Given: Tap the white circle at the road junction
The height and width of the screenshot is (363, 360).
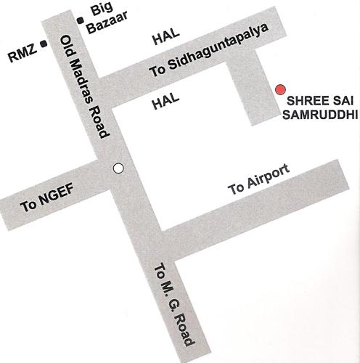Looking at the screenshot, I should click(x=119, y=168).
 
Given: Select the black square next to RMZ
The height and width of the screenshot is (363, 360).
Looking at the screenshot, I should click(x=45, y=44).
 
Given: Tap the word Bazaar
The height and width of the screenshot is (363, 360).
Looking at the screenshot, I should click(x=102, y=26).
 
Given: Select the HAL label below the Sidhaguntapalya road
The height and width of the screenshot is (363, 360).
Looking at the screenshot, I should click(x=165, y=104).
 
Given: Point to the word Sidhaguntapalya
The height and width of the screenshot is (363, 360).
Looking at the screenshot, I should click(x=218, y=49).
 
